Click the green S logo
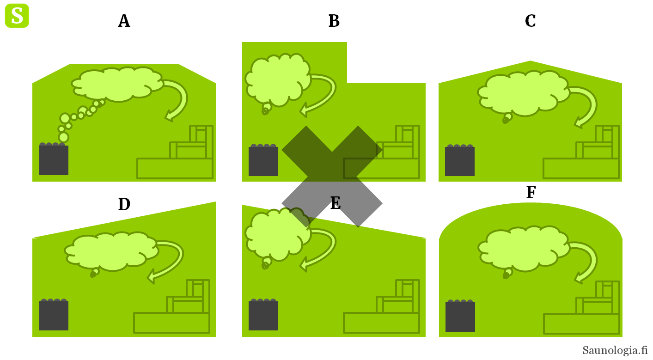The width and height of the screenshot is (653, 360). pos(17,16)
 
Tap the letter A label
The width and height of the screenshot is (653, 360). pos(124,21)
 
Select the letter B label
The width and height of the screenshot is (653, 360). pos(334,21)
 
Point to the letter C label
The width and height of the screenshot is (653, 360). pos(530,21)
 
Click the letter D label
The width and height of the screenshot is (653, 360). pos(124,204)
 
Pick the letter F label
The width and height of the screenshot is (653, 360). pos(531,193)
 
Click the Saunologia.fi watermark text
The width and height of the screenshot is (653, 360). pos(615,350)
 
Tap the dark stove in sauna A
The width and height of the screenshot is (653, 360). pos(54,160)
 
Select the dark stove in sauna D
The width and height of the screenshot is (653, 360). pos(54,315)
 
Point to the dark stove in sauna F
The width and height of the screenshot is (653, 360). pos(460,317)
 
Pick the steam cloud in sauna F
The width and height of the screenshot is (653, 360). pos(522,248)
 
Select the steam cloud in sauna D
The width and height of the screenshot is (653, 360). pos(111,251)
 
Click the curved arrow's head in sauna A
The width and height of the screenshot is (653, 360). pos(169,116)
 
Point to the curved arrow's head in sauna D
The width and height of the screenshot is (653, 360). pos(152,277)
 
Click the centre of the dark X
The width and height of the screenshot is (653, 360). pos(332,177)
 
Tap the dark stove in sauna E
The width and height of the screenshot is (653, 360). pos(263,315)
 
